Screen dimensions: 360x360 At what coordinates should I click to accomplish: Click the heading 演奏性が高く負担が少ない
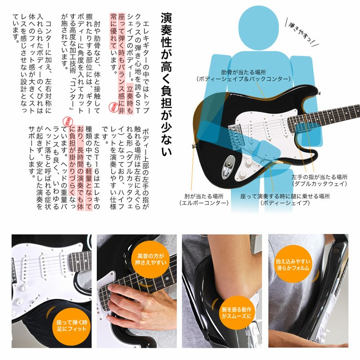pyautogui.click(x=166, y=84)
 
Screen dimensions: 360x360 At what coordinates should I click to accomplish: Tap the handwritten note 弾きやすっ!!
pyautogui.click(x=301, y=32)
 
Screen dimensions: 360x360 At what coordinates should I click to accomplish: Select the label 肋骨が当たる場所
pyautogui.click(x=243, y=72)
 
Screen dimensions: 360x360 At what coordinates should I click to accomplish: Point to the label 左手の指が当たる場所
pyautogui.click(x=319, y=177)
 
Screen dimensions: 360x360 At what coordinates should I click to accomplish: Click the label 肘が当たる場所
pyautogui.click(x=204, y=196)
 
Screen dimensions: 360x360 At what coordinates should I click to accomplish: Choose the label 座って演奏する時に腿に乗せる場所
pyautogui.click(x=285, y=196)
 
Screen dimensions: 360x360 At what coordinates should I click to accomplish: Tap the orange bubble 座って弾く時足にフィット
pyautogui.click(x=72, y=325)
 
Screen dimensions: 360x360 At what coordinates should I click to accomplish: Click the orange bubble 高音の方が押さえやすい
pyautogui.click(x=151, y=259)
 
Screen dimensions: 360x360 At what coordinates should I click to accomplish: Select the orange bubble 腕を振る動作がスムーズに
pyautogui.click(x=237, y=313)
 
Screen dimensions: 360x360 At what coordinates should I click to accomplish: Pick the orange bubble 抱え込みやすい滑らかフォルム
pyautogui.click(x=293, y=265)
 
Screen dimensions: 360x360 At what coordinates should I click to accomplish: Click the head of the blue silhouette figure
pyautogui.click(x=258, y=27)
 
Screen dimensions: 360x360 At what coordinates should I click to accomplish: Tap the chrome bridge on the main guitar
pyautogui.click(x=235, y=136)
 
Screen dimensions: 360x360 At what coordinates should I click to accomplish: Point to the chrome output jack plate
pyautogui.click(x=229, y=167)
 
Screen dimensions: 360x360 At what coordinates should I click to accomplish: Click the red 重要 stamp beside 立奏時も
pyautogui.click(x=113, y=107)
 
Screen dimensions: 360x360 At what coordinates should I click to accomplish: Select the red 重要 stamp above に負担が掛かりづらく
pyautogui.click(x=67, y=121)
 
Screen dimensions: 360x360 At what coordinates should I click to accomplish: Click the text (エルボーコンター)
pyautogui.click(x=204, y=203)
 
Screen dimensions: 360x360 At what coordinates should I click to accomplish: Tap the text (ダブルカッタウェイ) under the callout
pyautogui.click(x=319, y=184)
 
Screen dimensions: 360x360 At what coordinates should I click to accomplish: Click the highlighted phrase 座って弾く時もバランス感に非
pyautogui.click(x=121, y=63)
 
